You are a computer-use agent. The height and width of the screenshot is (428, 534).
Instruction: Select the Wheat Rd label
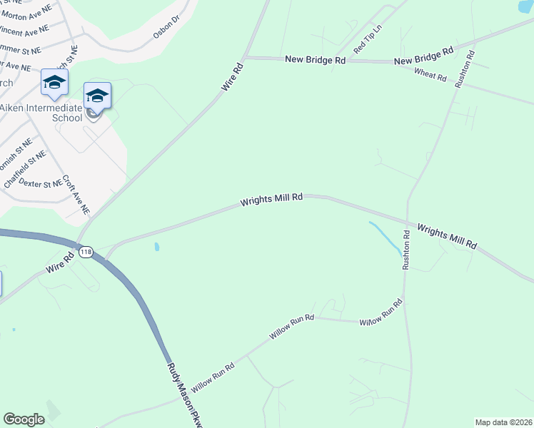430,74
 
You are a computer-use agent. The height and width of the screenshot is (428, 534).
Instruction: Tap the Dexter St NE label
41,183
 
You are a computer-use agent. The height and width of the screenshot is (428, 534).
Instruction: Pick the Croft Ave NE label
76,195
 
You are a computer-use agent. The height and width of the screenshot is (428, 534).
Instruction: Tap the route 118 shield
86,253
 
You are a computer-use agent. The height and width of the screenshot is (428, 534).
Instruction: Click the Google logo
24,419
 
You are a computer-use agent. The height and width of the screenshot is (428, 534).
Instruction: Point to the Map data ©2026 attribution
503,422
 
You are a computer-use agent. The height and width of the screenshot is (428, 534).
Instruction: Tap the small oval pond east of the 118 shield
156,248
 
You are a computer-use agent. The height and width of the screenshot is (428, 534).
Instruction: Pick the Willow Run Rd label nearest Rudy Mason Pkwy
213,370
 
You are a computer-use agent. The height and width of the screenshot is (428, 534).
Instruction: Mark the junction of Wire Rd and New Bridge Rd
244,58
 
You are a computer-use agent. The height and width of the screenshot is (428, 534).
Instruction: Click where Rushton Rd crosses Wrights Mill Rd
407,218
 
